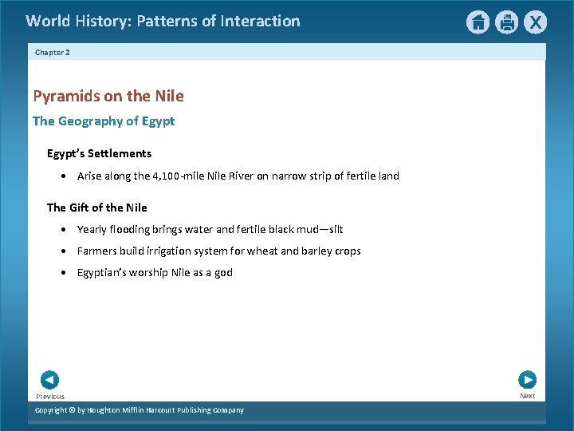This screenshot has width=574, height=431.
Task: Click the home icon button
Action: click(478, 22)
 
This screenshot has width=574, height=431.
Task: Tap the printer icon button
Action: click(507, 22)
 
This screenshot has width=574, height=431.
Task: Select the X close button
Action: click(536, 22)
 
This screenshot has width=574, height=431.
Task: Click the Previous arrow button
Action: click(49, 380)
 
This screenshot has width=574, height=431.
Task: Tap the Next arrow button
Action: click(527, 380)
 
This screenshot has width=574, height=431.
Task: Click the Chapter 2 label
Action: click(53, 52)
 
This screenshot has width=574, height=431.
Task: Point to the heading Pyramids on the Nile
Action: click(108, 96)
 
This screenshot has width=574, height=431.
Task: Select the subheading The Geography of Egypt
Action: click(104, 121)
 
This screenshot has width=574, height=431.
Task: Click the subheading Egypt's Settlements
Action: click(99, 153)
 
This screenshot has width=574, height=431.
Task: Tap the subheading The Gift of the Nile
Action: click(97, 208)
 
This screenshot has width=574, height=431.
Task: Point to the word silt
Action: click(336, 229)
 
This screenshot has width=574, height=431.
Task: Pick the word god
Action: click(224, 272)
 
